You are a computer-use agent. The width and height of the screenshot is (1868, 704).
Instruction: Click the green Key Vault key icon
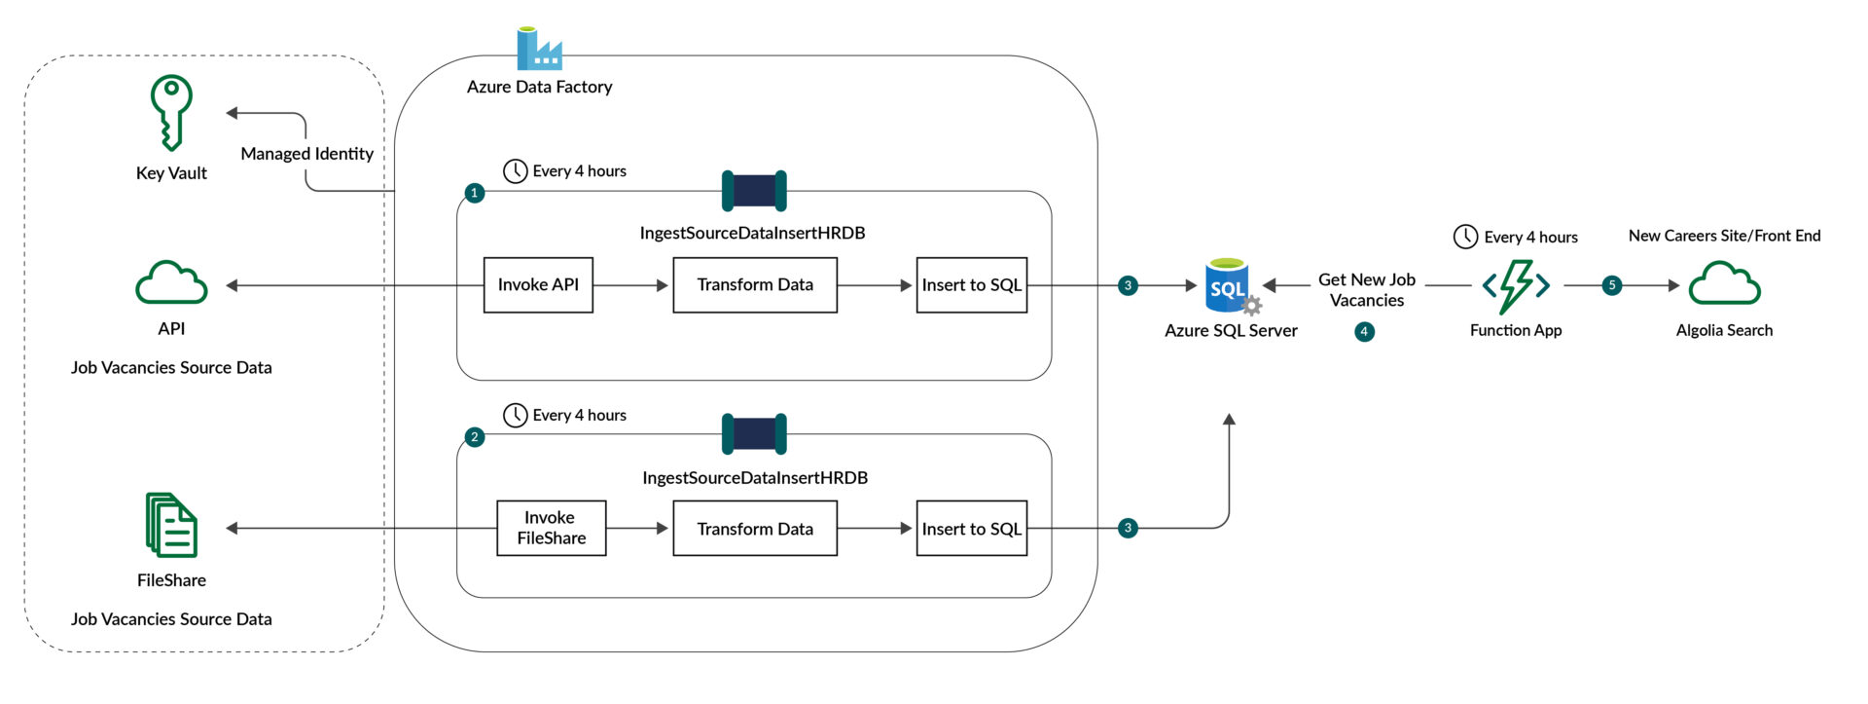coord(171,113)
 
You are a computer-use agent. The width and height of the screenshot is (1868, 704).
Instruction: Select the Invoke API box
coord(538,285)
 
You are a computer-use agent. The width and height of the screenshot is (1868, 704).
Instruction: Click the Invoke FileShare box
coord(552,529)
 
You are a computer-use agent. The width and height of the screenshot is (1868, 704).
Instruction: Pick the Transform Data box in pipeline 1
coord(755,285)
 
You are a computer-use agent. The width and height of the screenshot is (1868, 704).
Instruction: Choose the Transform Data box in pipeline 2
coord(755,529)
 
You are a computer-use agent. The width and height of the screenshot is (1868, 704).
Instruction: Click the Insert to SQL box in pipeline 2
coord(971,529)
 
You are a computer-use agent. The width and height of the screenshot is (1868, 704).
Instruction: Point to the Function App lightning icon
coord(1516,286)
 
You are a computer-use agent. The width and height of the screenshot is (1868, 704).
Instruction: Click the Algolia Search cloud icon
coord(1724,284)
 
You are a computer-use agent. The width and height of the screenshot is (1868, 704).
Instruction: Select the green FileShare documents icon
coord(171,525)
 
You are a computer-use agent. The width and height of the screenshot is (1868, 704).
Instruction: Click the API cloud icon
coord(171,283)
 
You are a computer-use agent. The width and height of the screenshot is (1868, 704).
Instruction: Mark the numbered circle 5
coord(1612,285)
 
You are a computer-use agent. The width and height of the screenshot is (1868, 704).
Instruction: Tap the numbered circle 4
coord(1364,332)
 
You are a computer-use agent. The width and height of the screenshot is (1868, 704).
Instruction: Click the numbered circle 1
coord(474,193)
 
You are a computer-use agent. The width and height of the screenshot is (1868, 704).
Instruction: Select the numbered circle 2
coord(474,437)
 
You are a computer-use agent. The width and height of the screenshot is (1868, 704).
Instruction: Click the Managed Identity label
coord(306,154)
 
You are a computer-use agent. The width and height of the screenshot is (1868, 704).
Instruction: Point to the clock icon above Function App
coord(1465,237)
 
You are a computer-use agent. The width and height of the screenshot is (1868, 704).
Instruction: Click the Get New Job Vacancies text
coord(1366,290)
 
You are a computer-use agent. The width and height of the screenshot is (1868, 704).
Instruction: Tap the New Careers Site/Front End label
coord(1724,236)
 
